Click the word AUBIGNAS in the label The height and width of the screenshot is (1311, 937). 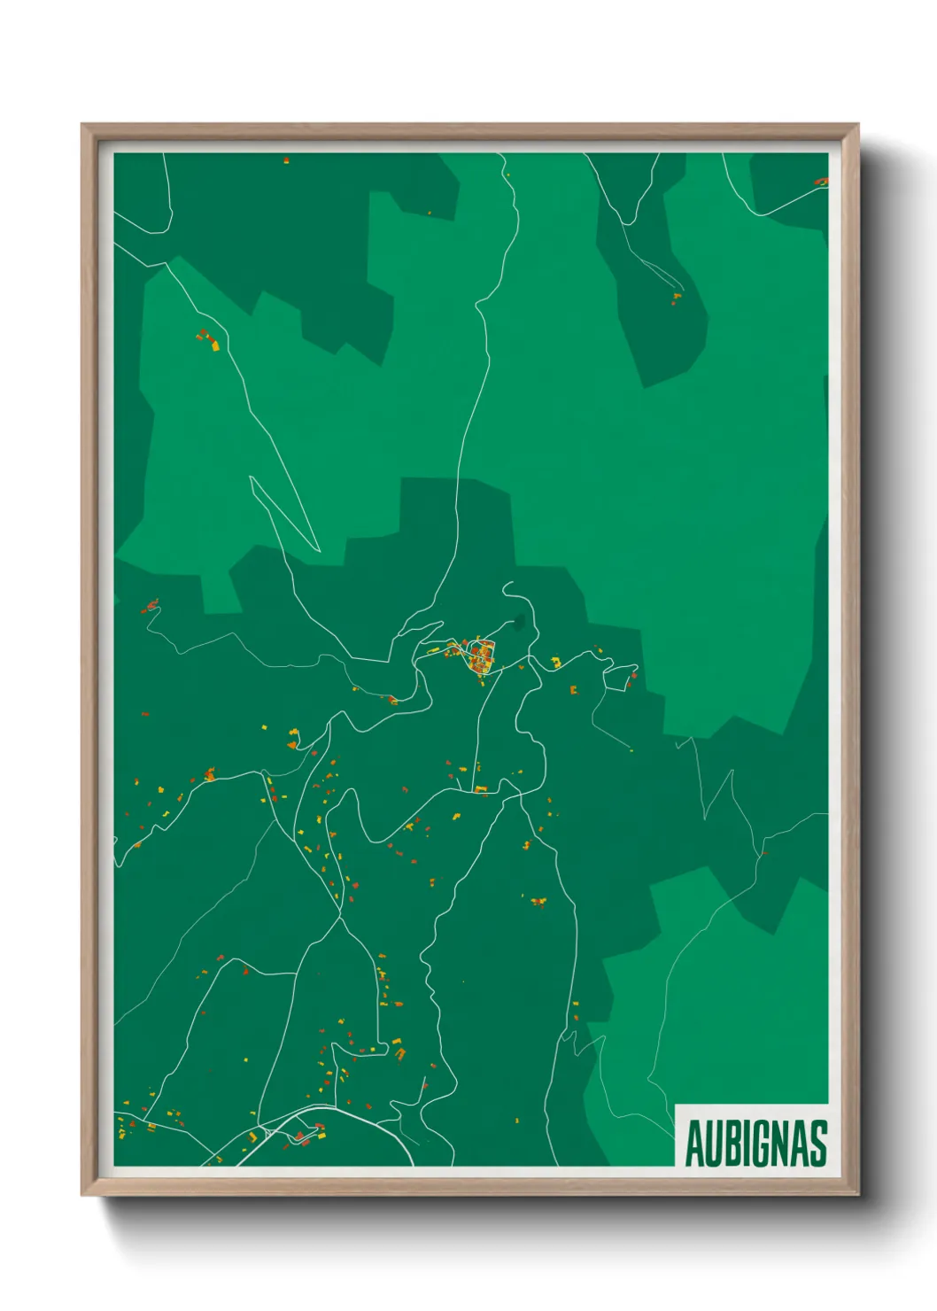pos(755,1143)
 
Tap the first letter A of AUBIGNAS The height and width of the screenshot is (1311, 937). pos(693,1143)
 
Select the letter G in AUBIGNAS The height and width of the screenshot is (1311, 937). pos(762,1143)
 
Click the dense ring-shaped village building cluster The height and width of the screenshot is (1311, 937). pos(481,655)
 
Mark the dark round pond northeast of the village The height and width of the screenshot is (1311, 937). pos(517,622)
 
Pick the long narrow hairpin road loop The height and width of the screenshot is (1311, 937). pos(283,514)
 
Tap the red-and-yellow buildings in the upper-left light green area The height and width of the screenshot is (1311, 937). pos(209,340)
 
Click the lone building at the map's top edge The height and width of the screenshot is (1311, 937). pos(286,160)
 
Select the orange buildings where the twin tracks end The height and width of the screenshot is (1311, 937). pos(677,298)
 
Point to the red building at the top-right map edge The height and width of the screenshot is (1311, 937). pos(821,182)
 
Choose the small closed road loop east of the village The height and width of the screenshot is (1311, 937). pos(619,678)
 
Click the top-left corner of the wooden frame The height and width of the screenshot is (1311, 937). pos(82,125)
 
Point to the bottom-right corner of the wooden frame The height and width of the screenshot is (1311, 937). pos(857,1194)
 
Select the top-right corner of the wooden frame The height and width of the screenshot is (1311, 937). pos(857,125)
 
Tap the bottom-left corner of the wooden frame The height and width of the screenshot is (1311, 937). pos(82,1194)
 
